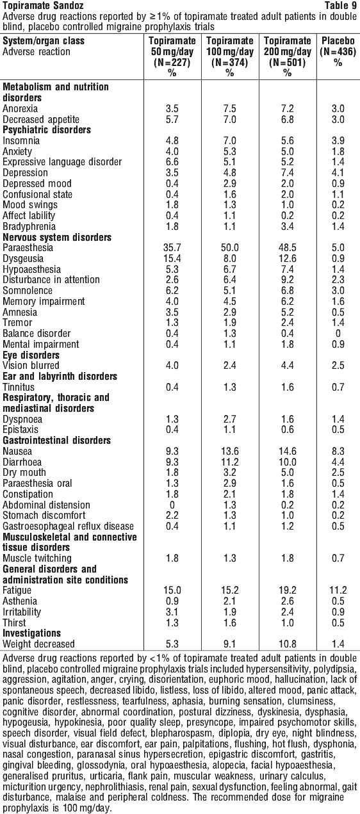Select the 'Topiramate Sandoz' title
coord(43,6)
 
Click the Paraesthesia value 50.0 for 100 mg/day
coord(229,248)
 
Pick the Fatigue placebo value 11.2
coord(338,590)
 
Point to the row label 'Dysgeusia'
coord(23,259)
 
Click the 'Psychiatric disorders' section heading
coord(47,130)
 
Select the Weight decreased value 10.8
coord(287,644)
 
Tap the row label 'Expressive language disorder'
coord(62,162)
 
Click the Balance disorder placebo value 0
coord(338,334)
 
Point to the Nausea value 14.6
coord(287,452)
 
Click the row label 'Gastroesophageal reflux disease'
coord(68,526)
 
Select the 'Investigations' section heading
coord(31,633)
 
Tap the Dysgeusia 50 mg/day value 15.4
coord(172,259)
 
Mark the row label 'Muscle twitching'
coord(37,558)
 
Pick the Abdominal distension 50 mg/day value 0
coord(172,505)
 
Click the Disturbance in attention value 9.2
coord(287,280)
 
